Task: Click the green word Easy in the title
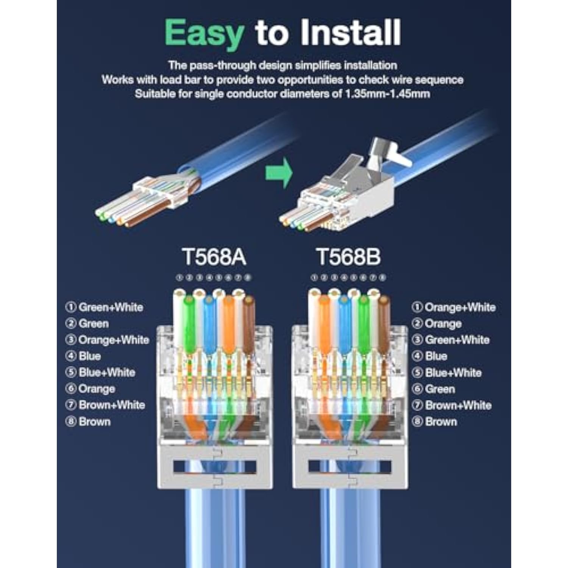click(x=204, y=33)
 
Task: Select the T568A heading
click(x=214, y=257)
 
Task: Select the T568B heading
click(x=348, y=257)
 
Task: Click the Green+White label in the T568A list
click(x=110, y=307)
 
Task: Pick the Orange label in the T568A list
click(x=96, y=389)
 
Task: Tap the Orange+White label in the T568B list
click(x=460, y=307)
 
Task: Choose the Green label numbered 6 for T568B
click(x=440, y=389)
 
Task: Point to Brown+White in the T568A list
click(x=111, y=405)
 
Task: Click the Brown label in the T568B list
click(x=441, y=421)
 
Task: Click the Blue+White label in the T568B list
click(x=453, y=373)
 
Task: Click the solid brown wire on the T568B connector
click(x=383, y=326)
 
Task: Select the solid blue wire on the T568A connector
click(x=209, y=326)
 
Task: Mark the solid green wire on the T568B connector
click(x=363, y=326)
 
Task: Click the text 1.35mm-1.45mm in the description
click(x=387, y=94)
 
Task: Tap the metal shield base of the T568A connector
click(x=215, y=468)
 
